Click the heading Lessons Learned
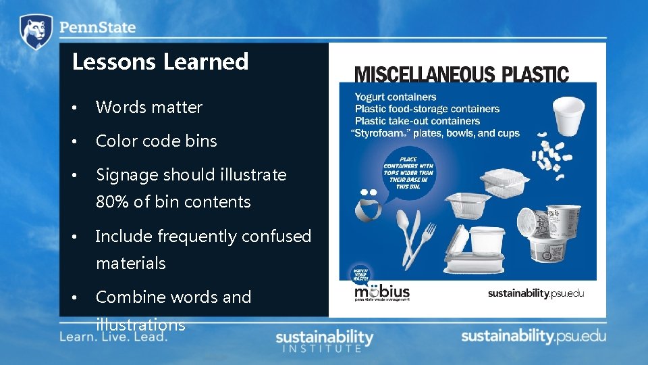[161, 62]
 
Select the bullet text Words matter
[149, 107]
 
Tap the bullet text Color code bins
[157, 141]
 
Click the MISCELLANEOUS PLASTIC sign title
[462, 74]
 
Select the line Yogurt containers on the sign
[396, 97]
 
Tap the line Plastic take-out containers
[417, 121]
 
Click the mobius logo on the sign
[382, 293]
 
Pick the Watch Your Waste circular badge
[360, 274]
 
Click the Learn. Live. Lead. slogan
[113, 336]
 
